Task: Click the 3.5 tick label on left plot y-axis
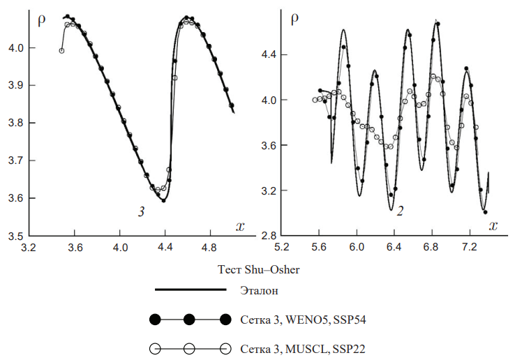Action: click(x=14, y=236)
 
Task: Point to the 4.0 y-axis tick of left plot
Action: click(x=14, y=48)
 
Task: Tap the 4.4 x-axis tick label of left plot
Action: click(x=167, y=248)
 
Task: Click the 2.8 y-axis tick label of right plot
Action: click(x=269, y=236)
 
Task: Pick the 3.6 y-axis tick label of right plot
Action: click(x=269, y=145)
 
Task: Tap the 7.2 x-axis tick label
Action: click(x=470, y=248)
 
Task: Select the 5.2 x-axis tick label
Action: click(x=282, y=248)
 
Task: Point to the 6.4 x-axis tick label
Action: click(x=394, y=248)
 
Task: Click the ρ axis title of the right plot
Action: click(x=294, y=17)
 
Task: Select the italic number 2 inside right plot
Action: click(x=398, y=210)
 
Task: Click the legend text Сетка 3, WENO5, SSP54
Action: click(x=302, y=320)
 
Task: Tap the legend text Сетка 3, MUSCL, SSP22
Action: click(x=303, y=347)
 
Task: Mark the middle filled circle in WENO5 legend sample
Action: click(x=189, y=320)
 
